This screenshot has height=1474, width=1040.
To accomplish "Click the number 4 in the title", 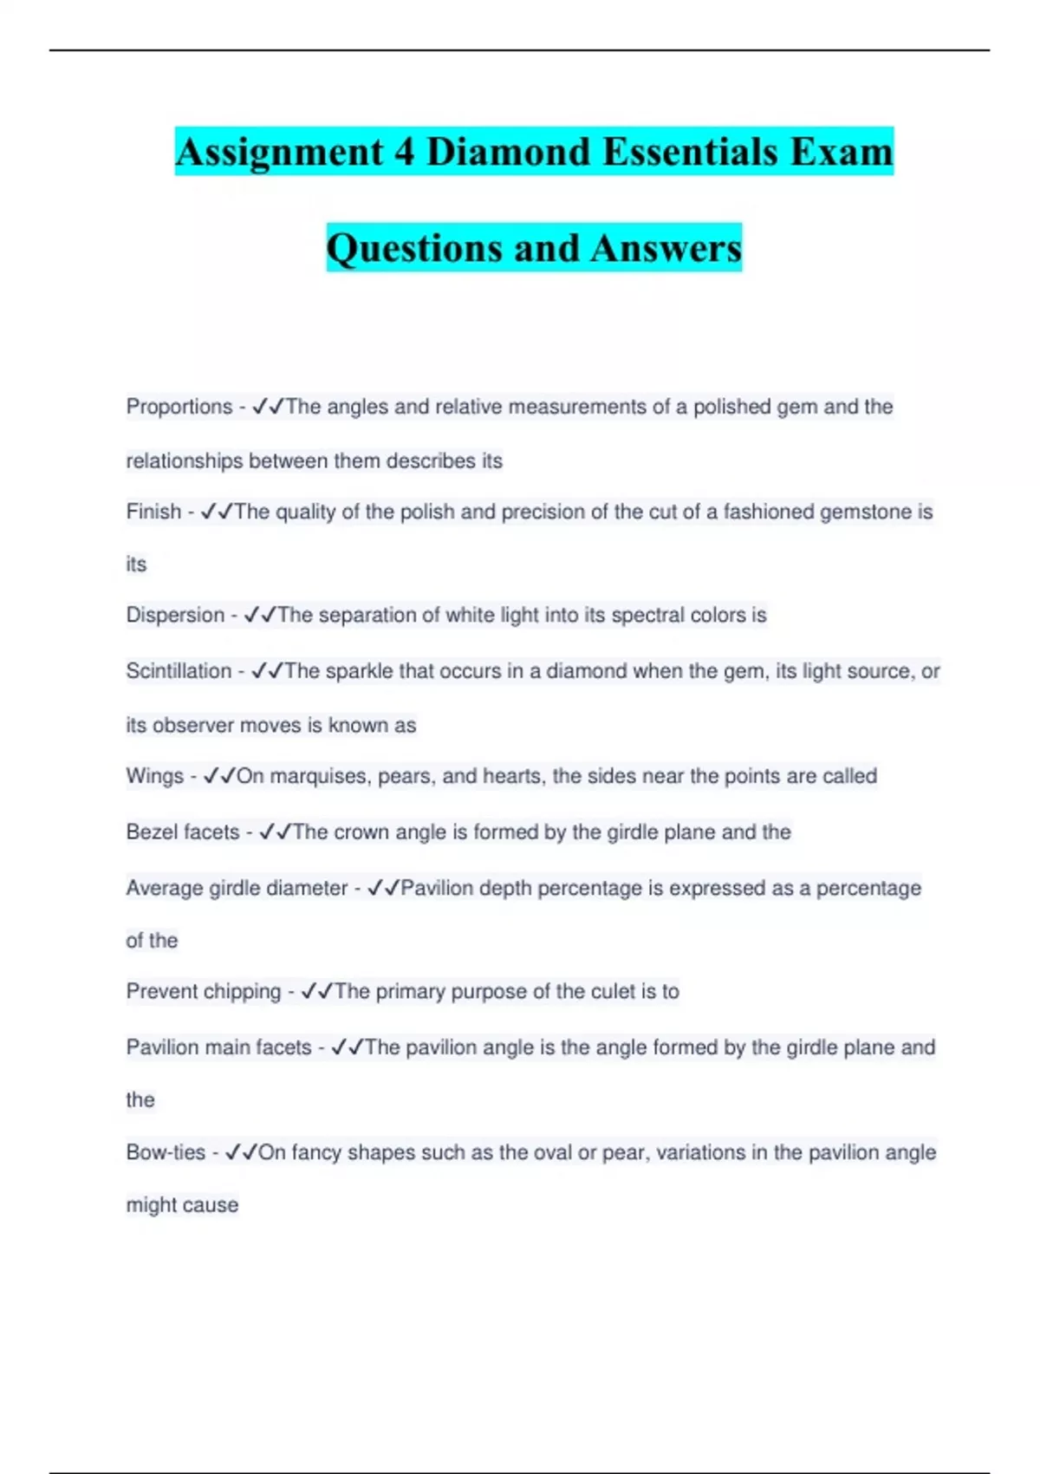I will tap(403, 152).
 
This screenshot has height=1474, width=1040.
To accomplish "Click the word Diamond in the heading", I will tap(508, 152).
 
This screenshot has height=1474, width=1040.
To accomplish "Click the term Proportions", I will tap(179, 407).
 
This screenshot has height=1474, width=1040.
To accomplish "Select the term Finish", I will tap(153, 512).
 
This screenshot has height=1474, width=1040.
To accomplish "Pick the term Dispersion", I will tap(175, 615).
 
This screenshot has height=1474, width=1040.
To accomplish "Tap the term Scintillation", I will tap(179, 671).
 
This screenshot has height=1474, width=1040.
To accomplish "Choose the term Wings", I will tap(155, 776).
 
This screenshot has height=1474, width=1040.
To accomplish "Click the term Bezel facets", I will tap(183, 832).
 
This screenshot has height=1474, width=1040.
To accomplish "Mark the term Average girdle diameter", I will tap(237, 888).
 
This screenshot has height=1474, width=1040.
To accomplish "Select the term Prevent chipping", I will tap(204, 991).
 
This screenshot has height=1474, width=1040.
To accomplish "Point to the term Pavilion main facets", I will tap(218, 1047).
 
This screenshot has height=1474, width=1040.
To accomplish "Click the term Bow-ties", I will tap(166, 1152).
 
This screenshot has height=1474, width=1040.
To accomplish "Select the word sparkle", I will tap(359, 671).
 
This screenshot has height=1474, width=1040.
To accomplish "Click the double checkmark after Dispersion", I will tap(260, 615).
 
